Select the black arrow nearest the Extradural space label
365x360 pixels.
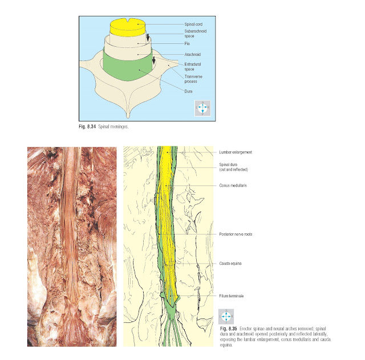(x=153, y=60)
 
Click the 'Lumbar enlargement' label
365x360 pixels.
(x=235, y=152)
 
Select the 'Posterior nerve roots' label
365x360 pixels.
(x=236, y=234)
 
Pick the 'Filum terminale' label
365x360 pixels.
(x=232, y=296)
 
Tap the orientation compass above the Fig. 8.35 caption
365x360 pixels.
(x=226, y=317)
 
